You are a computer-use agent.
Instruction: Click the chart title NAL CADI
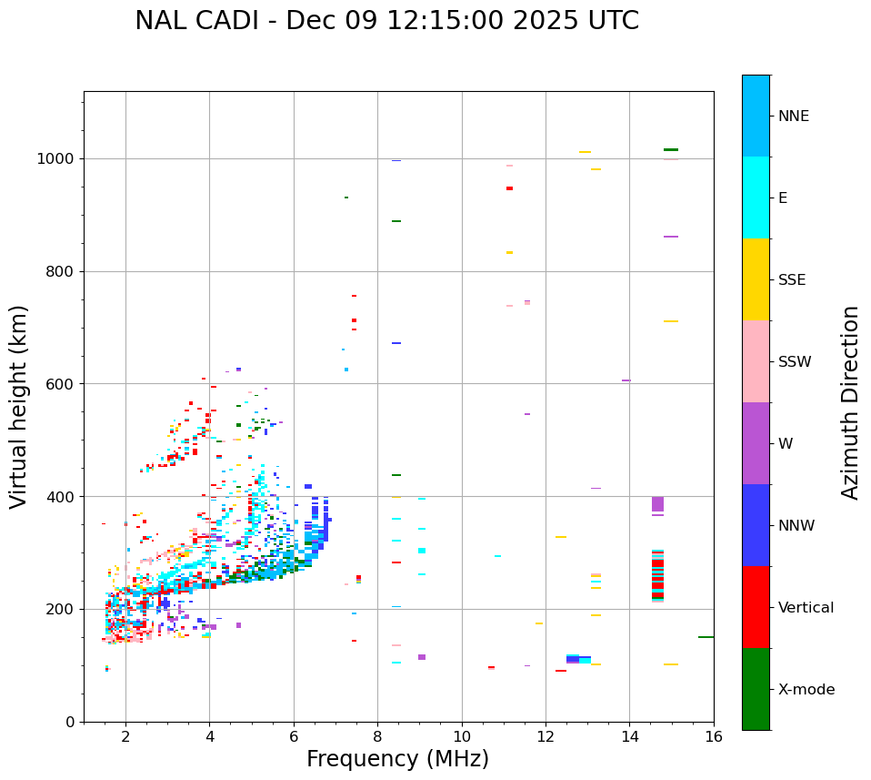(386, 21)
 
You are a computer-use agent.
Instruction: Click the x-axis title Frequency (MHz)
(397, 759)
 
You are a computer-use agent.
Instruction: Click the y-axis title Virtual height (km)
(19, 407)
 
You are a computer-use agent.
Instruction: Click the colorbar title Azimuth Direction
(850, 402)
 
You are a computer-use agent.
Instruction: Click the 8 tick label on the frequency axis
(377, 736)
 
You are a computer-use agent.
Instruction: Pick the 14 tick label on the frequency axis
(629, 736)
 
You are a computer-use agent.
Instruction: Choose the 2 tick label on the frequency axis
(125, 736)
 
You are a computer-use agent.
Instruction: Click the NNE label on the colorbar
(793, 116)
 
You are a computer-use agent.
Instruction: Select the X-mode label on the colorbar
(806, 690)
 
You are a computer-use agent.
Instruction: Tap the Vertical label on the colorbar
(806, 608)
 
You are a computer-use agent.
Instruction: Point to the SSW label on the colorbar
(795, 362)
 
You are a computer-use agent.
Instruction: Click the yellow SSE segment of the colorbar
(756, 279)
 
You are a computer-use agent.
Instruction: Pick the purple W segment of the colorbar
(756, 443)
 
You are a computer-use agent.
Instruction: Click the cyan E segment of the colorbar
(756, 198)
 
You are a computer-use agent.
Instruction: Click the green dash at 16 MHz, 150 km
(706, 637)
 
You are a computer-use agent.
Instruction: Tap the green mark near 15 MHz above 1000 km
(671, 149)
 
